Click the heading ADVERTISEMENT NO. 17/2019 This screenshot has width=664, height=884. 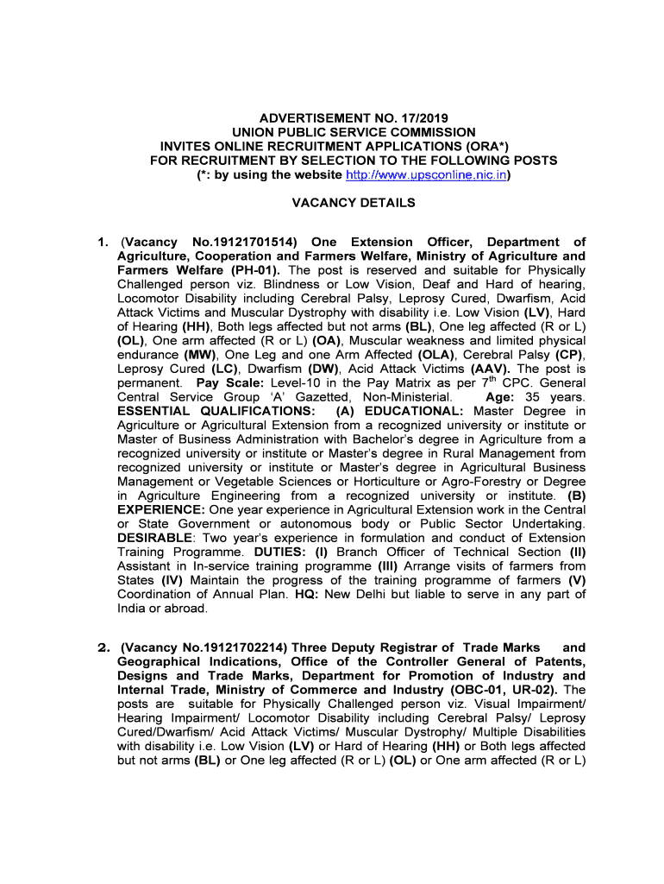click(x=354, y=118)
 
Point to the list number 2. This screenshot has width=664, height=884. click(x=102, y=647)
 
